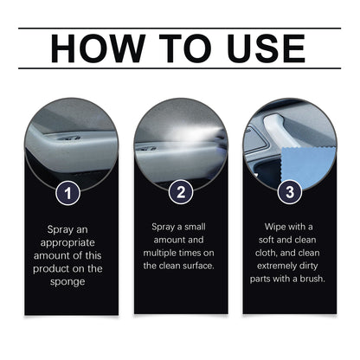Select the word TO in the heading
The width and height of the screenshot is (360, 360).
[182, 48]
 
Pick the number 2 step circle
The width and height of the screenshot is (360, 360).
[180, 192]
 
